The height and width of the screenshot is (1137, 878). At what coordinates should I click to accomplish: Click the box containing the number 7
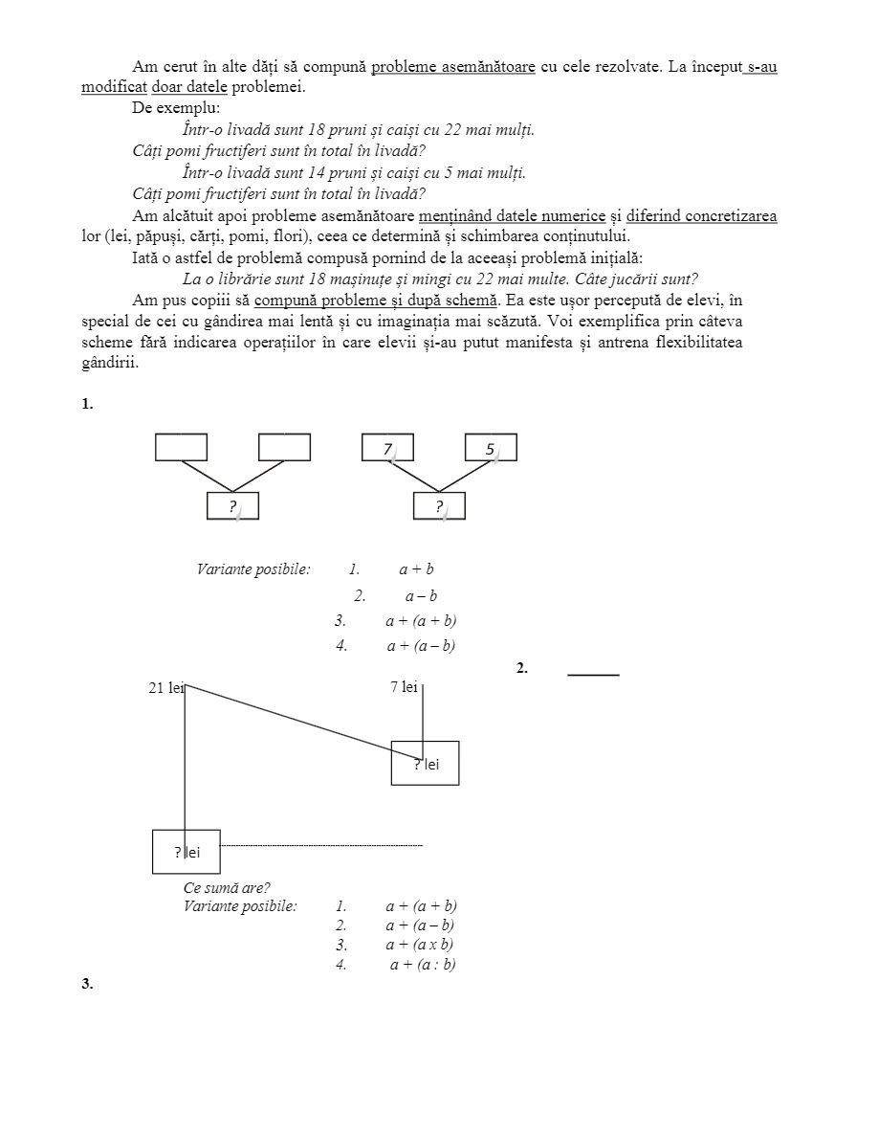(387, 448)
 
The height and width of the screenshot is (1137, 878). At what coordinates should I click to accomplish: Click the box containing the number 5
(491, 448)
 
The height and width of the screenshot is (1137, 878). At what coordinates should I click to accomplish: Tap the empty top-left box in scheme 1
(181, 447)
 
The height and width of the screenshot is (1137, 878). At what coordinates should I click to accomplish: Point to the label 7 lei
(405, 687)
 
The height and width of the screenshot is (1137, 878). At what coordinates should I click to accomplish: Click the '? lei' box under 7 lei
(425, 763)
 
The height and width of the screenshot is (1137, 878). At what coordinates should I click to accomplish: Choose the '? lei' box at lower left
(187, 852)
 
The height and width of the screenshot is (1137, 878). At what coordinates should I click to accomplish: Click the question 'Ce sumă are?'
(227, 887)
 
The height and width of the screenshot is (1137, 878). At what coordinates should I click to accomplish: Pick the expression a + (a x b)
(420, 945)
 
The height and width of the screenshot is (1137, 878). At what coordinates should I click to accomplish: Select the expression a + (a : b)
(422, 965)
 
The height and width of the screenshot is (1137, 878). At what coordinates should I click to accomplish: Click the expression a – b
(421, 596)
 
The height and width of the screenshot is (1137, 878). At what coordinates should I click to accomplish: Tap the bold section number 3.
(87, 984)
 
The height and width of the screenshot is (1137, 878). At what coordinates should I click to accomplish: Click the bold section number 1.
(87, 404)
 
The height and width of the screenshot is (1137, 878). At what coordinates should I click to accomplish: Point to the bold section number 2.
(522, 668)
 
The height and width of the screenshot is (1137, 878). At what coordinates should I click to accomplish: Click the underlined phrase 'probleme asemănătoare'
(452, 67)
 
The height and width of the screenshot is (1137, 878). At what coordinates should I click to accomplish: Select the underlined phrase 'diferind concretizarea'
(701, 216)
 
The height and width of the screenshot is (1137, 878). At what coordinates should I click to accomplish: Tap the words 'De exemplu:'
(176, 107)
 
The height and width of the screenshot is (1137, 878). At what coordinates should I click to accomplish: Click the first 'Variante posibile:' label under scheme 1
(253, 569)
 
